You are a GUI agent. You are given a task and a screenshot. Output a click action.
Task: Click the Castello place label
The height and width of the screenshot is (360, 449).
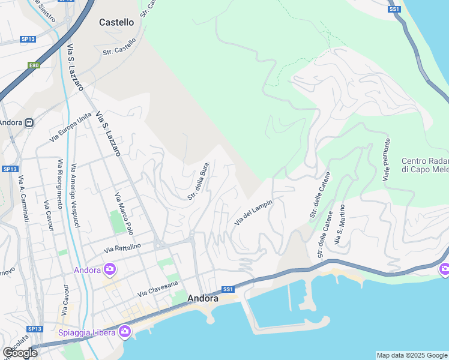(116, 22)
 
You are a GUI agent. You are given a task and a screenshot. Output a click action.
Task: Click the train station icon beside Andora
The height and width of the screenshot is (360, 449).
(29, 122)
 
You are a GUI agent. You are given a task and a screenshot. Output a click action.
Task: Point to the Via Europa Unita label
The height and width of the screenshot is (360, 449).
(70, 126)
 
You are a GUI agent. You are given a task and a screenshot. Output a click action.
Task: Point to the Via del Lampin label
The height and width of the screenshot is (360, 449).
(253, 213)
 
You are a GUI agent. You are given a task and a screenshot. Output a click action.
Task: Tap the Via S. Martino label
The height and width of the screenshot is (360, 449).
(340, 225)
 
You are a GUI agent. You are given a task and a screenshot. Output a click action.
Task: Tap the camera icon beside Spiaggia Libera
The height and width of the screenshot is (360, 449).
(125, 331)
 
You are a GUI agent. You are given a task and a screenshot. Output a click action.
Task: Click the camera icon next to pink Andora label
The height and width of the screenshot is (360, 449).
(110, 269)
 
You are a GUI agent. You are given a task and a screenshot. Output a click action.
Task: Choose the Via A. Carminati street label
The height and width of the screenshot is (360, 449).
(24, 199)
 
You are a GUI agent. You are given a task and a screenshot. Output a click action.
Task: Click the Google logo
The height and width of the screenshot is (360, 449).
(20, 353)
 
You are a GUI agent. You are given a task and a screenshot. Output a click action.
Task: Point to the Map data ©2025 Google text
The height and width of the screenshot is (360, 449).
(411, 355)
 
